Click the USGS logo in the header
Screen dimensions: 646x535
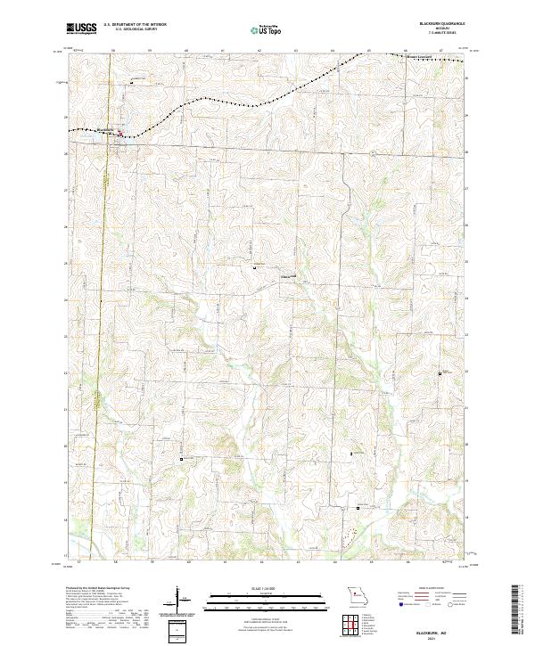coord(82,29)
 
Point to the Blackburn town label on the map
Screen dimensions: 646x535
coord(105,131)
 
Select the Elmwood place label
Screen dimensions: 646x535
coord(288,275)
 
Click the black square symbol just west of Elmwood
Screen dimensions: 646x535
coord(254,266)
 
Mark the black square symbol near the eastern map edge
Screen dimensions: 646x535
coord(440,373)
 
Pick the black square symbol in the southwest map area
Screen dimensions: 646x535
coord(182,459)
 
